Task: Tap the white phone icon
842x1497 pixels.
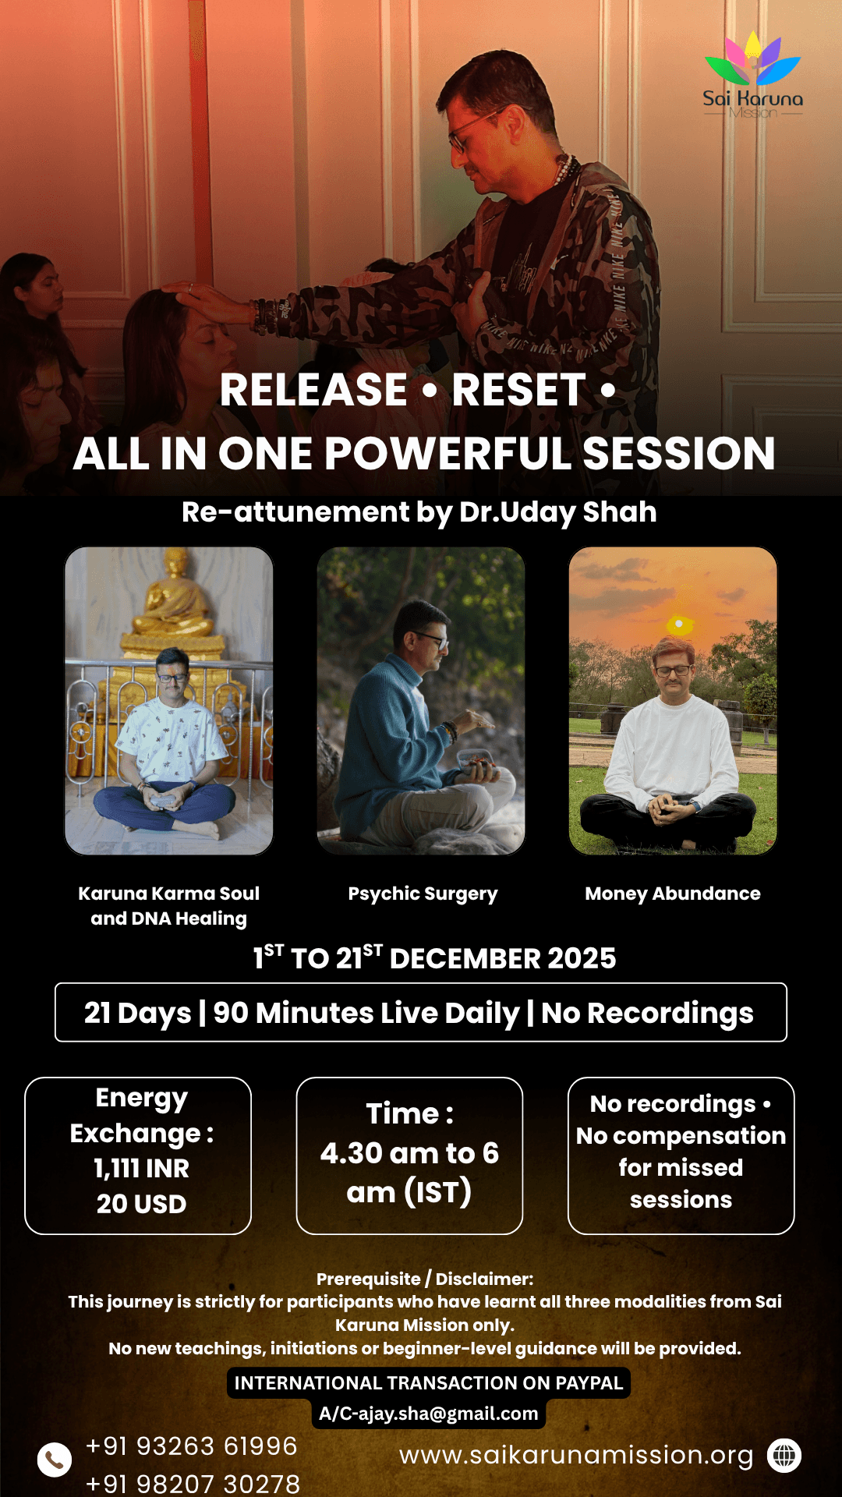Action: point(55,1460)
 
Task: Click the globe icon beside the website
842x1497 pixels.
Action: point(784,1455)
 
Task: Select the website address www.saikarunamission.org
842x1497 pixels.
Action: point(576,1455)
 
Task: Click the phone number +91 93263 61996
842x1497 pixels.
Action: point(191,1446)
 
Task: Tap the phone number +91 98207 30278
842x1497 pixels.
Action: point(193,1484)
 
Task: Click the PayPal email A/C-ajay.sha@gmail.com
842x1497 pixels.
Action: point(428,1414)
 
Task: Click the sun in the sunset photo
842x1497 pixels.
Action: point(679,624)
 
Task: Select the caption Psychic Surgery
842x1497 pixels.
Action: point(423,894)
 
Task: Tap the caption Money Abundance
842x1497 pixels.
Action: point(673,894)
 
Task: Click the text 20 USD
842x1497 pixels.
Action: point(141,1204)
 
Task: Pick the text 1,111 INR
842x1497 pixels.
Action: point(141,1168)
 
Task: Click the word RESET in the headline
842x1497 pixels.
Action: point(518,390)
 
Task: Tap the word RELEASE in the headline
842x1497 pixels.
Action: point(313,390)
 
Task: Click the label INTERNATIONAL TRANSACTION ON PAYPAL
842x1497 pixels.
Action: point(428,1383)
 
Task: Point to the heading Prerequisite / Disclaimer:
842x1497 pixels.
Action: point(425,1279)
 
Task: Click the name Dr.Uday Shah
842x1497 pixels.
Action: point(557,512)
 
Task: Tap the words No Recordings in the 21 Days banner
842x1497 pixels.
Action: point(647,1013)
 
